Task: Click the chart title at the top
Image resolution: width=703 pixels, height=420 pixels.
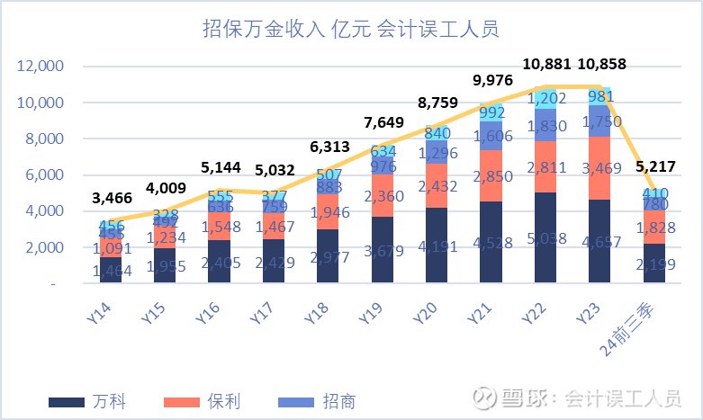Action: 351,30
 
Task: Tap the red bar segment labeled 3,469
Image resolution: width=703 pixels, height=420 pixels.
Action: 599,168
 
